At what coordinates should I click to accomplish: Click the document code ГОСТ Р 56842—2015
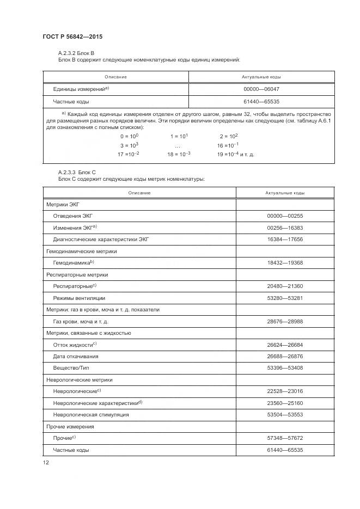pyautogui.click(x=72, y=36)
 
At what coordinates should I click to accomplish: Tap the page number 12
pyautogui.click(x=46, y=462)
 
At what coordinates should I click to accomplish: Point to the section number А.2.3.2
pyautogui.click(x=69, y=52)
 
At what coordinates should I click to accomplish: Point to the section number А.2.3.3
pyautogui.click(x=69, y=173)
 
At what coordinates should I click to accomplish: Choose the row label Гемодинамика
pyautogui.click(x=72, y=263)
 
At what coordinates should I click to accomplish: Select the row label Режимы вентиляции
pyautogui.click(x=79, y=298)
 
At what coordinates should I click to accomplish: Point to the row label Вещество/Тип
pyautogui.click(x=71, y=368)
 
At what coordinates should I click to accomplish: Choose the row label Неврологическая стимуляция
pyautogui.click(x=90, y=415)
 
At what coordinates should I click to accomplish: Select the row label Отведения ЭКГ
pyautogui.click(x=73, y=216)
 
